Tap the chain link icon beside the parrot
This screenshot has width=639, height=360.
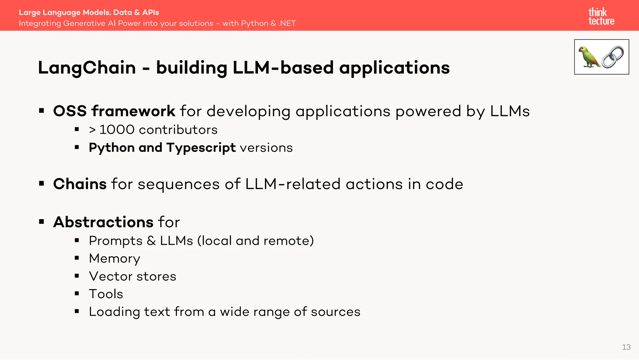pyautogui.click(x=613, y=57)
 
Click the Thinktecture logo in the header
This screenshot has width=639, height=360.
pyautogui.click(x=601, y=17)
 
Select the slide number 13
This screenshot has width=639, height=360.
pyautogui.click(x=626, y=347)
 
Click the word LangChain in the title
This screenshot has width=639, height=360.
pyautogui.click(x=87, y=68)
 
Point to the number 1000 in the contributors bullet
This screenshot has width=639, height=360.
pyautogui.click(x=117, y=130)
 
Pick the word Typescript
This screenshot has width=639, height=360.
pyautogui.click(x=201, y=148)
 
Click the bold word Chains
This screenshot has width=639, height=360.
pyautogui.click(x=80, y=184)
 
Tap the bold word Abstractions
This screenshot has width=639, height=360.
pyautogui.click(x=103, y=222)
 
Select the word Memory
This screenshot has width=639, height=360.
pyautogui.click(x=115, y=259)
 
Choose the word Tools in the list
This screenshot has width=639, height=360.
pyautogui.click(x=106, y=294)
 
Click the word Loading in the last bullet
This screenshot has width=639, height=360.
pyautogui.click(x=114, y=312)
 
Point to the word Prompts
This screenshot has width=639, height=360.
pyautogui.click(x=115, y=241)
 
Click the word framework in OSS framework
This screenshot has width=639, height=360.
pyautogui.click(x=133, y=111)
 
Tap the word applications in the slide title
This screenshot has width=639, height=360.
pyautogui.click(x=394, y=68)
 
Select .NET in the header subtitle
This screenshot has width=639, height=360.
pyautogui.click(x=287, y=23)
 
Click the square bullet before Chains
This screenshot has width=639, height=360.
pyautogui.click(x=41, y=184)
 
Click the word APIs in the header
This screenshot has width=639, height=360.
pyautogui.click(x=151, y=12)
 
